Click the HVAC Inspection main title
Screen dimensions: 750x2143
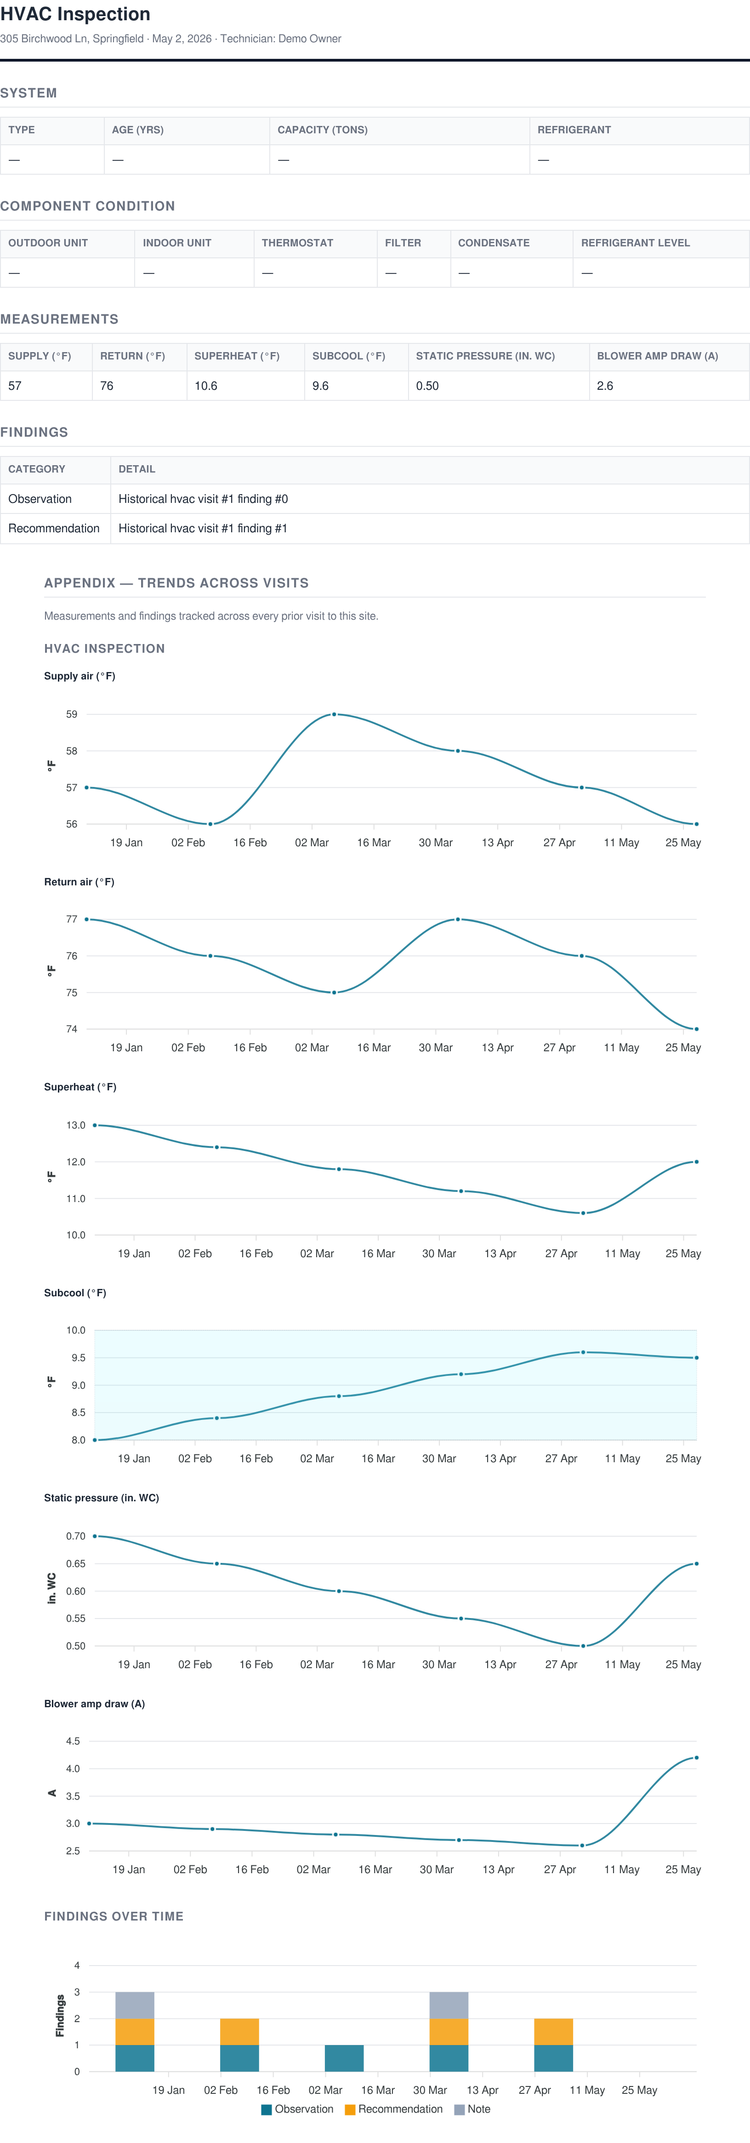[75, 14]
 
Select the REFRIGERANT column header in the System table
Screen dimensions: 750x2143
[574, 130]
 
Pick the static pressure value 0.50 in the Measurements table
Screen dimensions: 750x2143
[427, 386]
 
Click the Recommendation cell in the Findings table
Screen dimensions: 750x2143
[54, 528]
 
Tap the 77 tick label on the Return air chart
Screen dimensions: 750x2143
[72, 919]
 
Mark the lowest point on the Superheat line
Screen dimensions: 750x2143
[583, 1213]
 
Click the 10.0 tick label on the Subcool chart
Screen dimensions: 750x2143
[76, 1330]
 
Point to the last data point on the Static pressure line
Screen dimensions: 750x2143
[696, 1564]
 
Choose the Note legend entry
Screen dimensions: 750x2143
[472, 2109]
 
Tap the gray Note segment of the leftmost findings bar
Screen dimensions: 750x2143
[135, 2005]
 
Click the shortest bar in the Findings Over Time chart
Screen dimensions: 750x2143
[344, 2058]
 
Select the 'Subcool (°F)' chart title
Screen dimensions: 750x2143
[75, 1293]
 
